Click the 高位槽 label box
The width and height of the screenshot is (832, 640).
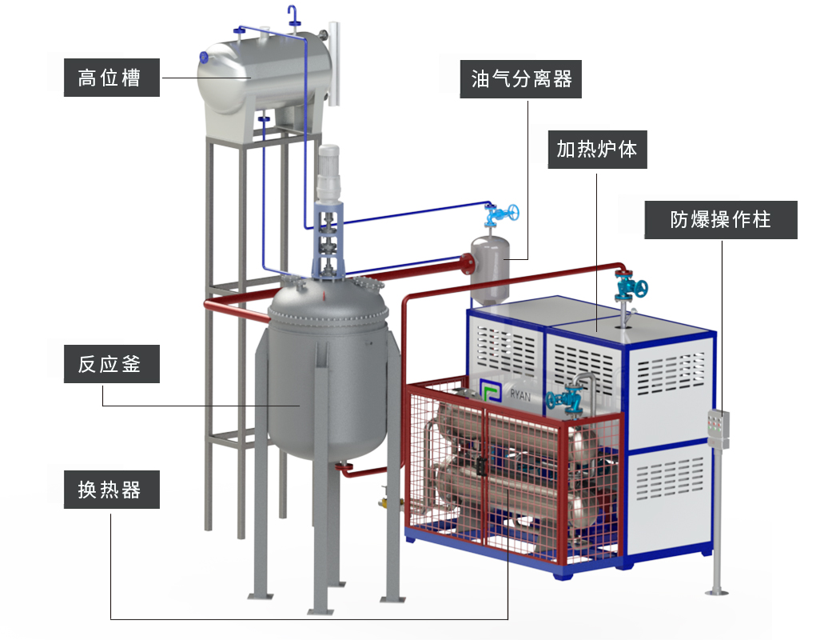(111, 78)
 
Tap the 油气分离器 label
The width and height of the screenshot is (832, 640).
(521, 79)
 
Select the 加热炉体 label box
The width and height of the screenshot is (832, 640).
(596, 149)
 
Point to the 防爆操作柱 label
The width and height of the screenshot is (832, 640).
(720, 219)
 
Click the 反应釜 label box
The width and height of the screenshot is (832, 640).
(111, 365)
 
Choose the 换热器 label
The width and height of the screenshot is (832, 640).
(111, 490)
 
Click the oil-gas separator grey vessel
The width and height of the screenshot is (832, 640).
(490, 268)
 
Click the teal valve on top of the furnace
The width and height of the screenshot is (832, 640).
(627, 286)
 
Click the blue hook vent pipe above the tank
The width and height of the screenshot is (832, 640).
(293, 14)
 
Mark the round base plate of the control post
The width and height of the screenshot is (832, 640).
(717, 592)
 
